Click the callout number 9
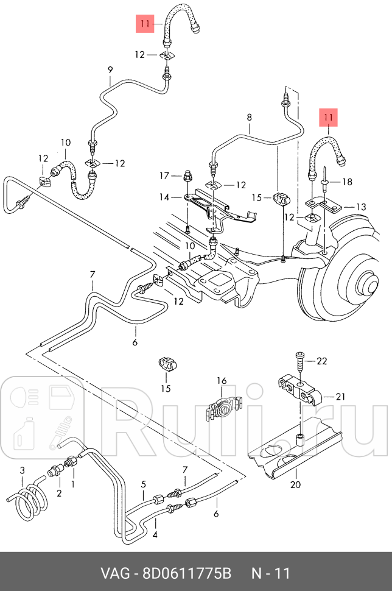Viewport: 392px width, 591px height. (110, 69)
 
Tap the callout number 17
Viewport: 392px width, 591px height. (164, 176)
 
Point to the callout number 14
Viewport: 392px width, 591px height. (164, 197)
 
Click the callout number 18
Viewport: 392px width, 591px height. (347, 182)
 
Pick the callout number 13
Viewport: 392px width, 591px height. (361, 207)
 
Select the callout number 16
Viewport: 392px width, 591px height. (222, 381)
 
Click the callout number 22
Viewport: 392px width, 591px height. (322, 361)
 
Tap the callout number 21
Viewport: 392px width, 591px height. (340, 397)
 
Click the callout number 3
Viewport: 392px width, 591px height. (23, 470)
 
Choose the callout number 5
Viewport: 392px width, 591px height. (144, 485)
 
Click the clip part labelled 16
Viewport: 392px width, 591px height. (222, 407)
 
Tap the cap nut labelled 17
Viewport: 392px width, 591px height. (187, 178)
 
